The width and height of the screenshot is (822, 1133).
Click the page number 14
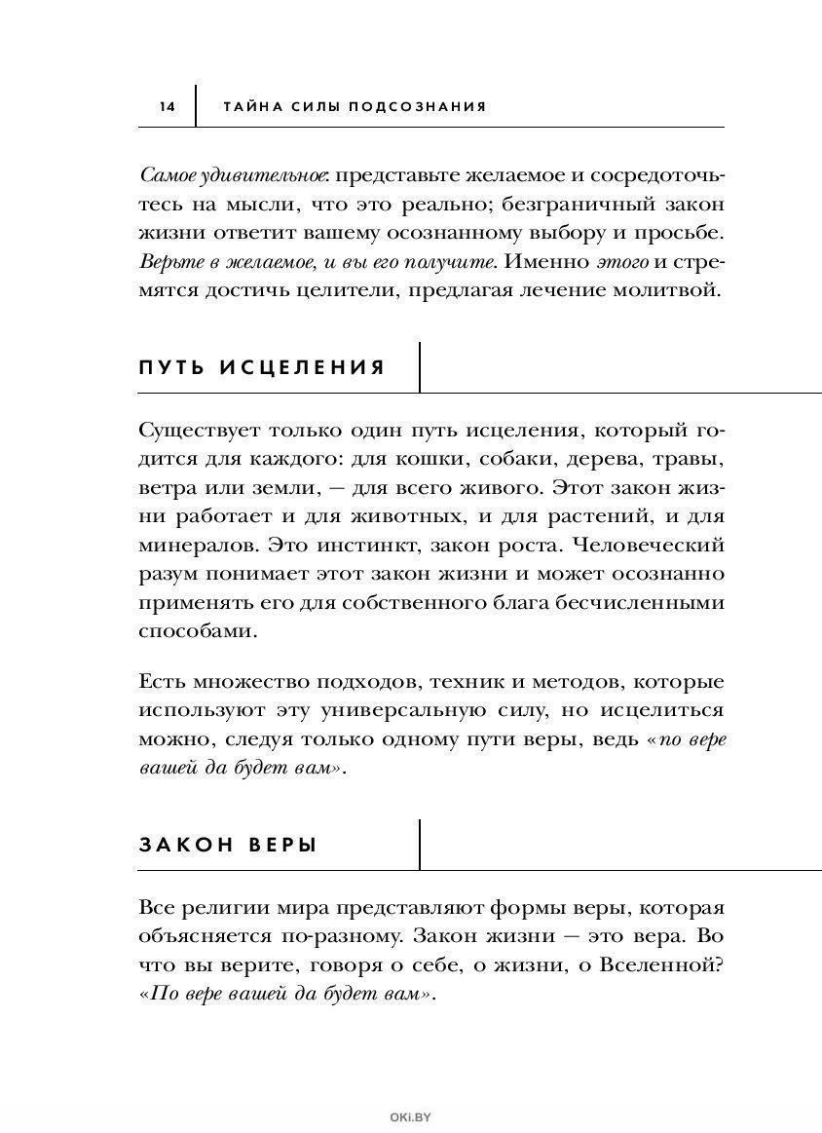167,106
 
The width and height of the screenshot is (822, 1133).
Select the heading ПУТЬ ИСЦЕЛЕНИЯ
262,367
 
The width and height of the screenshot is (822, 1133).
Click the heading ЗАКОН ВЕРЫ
229,845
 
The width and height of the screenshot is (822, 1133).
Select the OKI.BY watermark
410,1119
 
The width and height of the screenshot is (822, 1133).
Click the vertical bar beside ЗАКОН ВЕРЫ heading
420,844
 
